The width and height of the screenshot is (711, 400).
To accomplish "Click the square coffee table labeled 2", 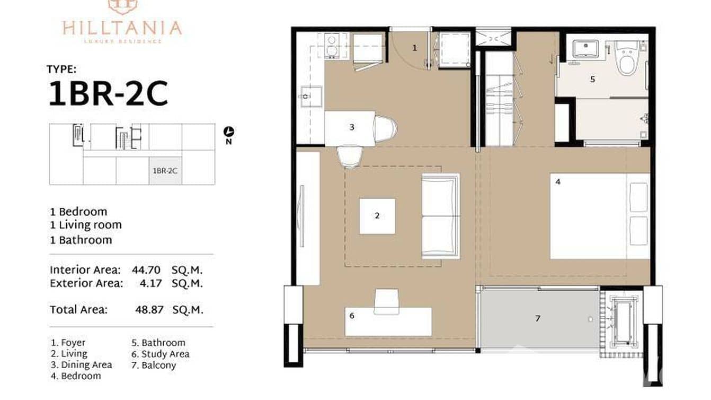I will pos(377,216).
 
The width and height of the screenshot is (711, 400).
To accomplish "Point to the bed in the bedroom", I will pos(599,216).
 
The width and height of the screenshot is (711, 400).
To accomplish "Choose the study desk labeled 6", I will pos(388,321).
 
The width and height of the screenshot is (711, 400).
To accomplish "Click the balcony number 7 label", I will pos(538,318).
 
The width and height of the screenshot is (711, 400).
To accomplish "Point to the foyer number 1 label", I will pos(415,48).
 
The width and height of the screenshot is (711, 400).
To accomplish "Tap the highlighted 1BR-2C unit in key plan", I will pos(165,171).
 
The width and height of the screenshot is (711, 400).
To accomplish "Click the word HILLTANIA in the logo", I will pos(122,28).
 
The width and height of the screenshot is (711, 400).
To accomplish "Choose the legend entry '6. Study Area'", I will pos(160,354).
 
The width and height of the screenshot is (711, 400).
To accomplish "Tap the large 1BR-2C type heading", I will pos(108,94).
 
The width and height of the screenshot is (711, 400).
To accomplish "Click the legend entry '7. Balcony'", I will pos(154,366).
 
